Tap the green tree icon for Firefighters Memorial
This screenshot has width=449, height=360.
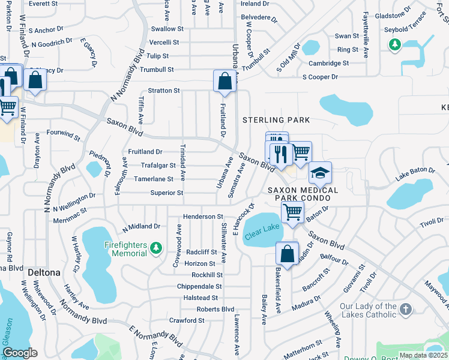[156, 247]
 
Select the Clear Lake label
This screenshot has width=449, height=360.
[262, 230]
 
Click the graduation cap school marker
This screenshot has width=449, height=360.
[320, 173]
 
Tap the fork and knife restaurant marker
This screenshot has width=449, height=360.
[280, 153]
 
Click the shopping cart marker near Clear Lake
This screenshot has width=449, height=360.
[292, 211]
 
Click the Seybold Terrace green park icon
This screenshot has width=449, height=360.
[394, 44]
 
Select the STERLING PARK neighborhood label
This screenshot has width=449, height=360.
[276, 120]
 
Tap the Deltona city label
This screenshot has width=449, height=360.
[44, 272]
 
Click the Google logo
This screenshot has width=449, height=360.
[20, 353]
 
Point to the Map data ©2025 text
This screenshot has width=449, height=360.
[423, 355]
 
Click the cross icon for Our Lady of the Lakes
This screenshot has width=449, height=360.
[406, 310]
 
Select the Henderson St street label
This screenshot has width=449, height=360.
[203, 216]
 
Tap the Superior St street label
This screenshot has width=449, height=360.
[167, 193]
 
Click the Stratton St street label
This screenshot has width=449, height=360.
[164, 91]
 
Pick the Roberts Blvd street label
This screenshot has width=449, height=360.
[215, 309]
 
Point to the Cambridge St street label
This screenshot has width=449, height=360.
[329, 63]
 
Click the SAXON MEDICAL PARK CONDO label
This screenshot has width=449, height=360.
[303, 194]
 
